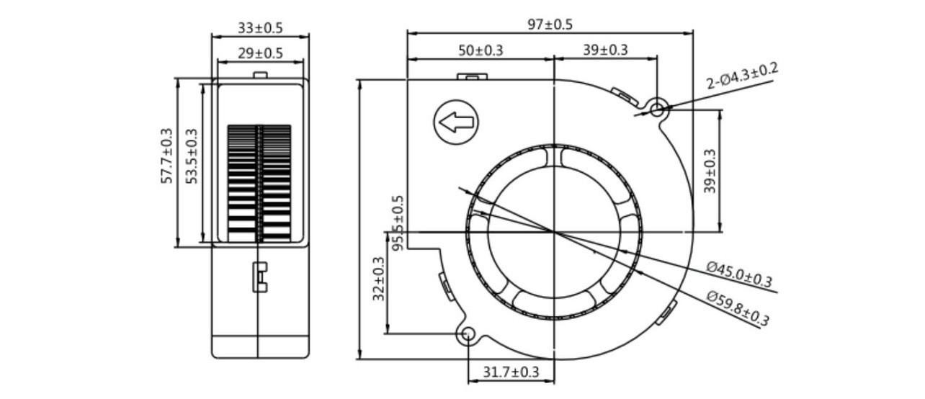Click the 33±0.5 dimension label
[260, 28]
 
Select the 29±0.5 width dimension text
[260, 53]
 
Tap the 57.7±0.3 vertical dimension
[166, 156]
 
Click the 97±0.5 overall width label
[550, 24]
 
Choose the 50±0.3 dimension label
[481, 50]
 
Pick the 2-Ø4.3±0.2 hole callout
[742, 76]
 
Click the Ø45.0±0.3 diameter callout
[738, 274]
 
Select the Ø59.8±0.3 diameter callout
[738, 308]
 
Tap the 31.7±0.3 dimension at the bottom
[511, 372]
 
